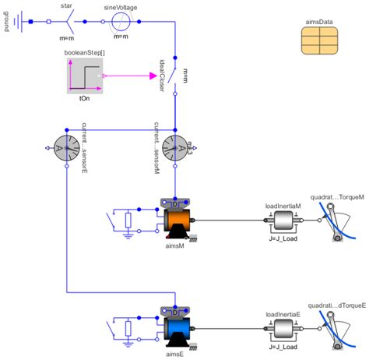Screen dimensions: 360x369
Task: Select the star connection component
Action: pyautogui.click(x=66, y=21)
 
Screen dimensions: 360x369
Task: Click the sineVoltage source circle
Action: pyautogui.click(x=121, y=21)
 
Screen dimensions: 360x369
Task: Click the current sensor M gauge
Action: pyautogui.click(x=175, y=146)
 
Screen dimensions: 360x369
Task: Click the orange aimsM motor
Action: pyautogui.click(x=175, y=220)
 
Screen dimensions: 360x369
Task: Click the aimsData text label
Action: pyautogui.click(x=321, y=30)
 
